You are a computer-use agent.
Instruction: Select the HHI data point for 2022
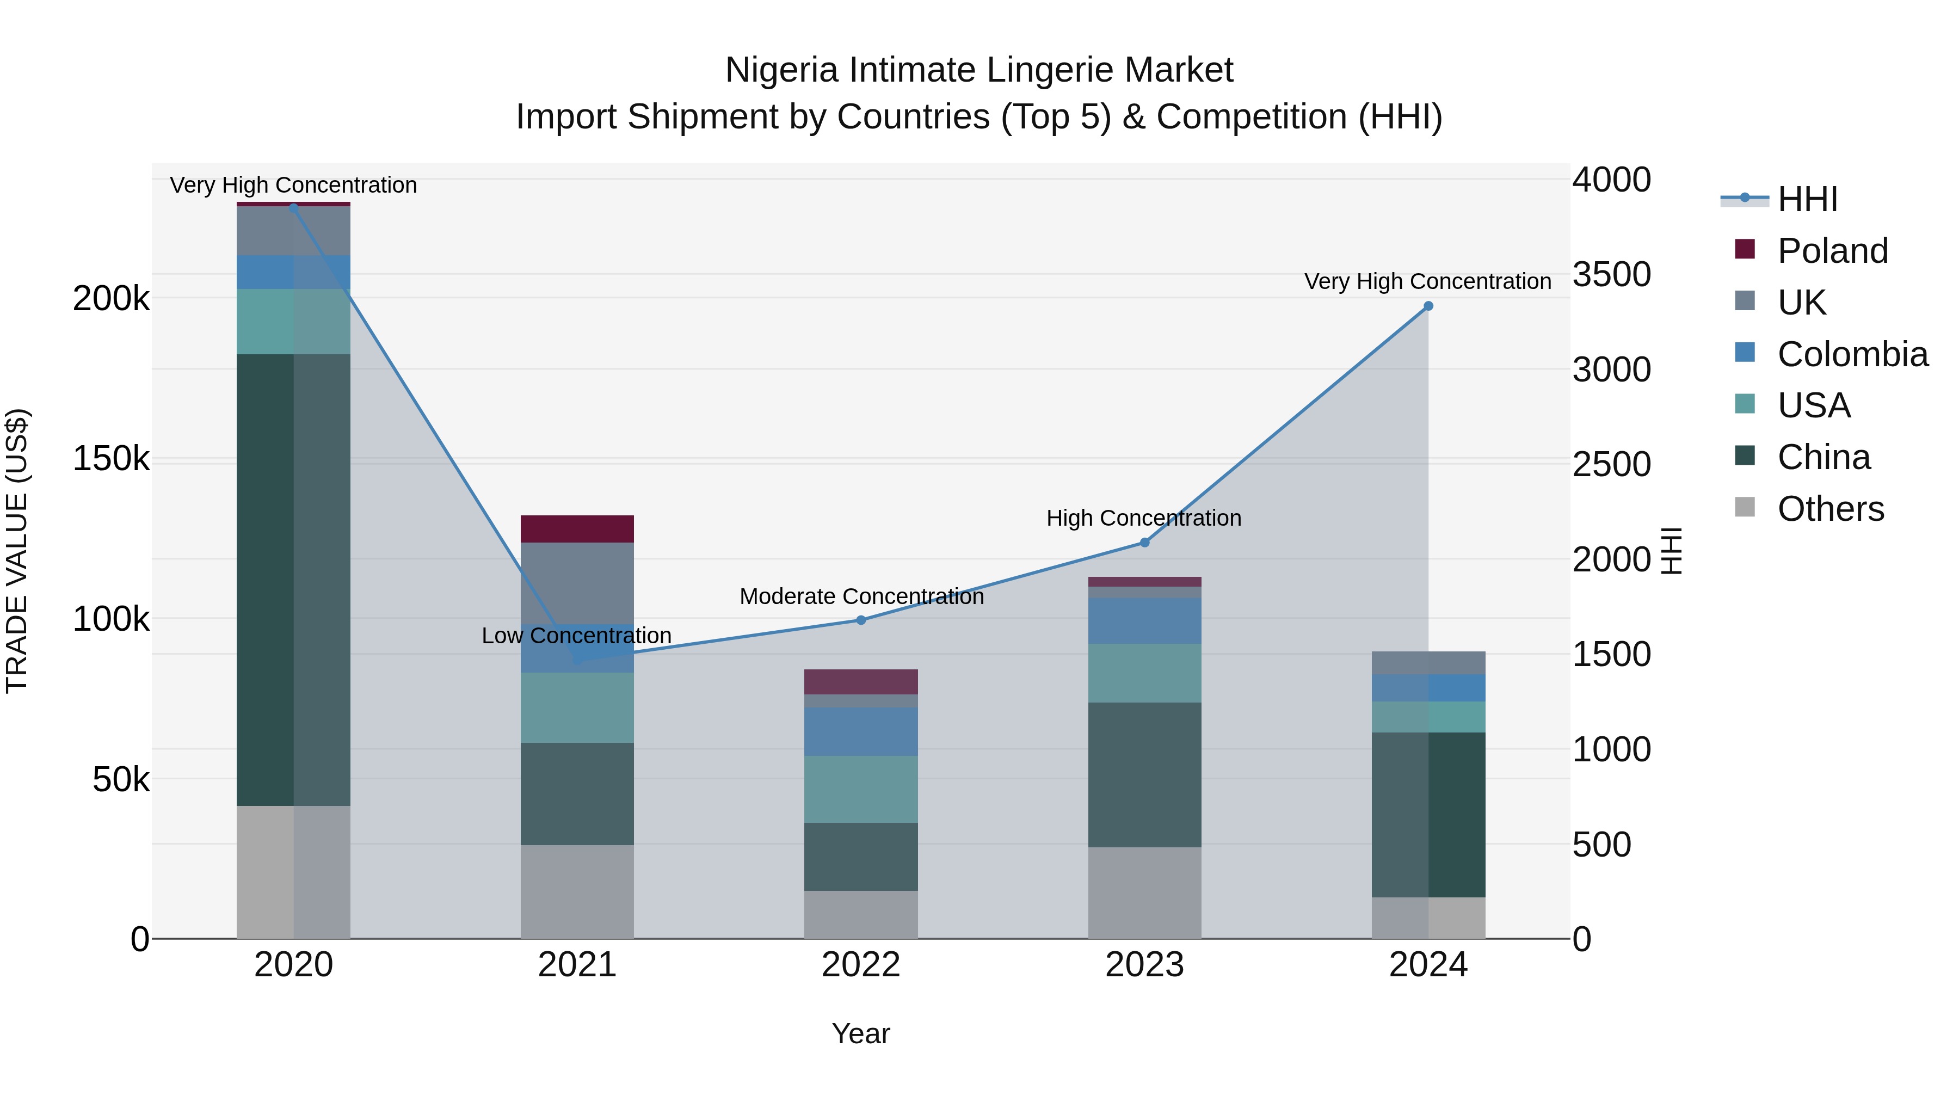point(861,620)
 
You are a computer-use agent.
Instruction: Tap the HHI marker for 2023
point(1144,542)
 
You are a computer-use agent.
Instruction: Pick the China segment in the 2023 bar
point(1144,774)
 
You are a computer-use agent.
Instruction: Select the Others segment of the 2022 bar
point(861,914)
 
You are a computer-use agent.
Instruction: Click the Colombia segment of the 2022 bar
point(861,731)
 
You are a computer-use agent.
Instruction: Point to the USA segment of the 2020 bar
point(293,321)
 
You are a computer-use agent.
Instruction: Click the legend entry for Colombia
point(1852,354)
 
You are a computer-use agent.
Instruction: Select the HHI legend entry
point(1807,199)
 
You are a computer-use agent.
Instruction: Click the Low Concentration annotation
point(576,635)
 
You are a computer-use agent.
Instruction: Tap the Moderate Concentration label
point(861,596)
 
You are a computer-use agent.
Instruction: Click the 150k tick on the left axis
point(111,459)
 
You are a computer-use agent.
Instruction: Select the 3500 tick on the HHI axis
point(1611,275)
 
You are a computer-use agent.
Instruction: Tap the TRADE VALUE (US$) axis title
point(17,551)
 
